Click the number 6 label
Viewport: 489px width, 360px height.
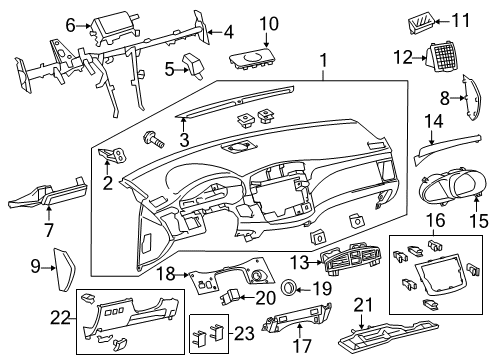pyautogui.click(x=70, y=24)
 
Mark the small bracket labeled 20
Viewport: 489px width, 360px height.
pyautogui.click(x=232, y=297)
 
